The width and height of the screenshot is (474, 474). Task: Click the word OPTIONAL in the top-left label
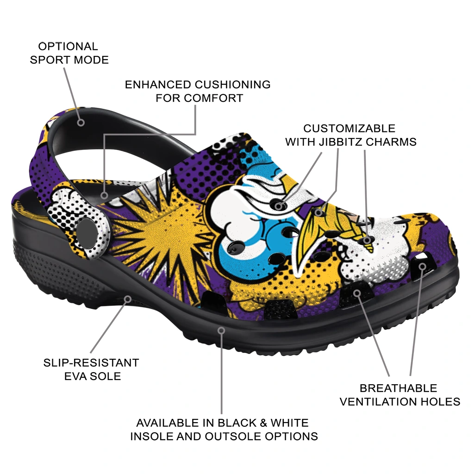pyautogui.click(x=68, y=46)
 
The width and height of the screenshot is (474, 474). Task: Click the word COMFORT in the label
pyautogui.click(x=214, y=98)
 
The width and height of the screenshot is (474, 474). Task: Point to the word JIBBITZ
pyautogui.click(x=342, y=142)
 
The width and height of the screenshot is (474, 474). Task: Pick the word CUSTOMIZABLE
pyautogui.click(x=349, y=128)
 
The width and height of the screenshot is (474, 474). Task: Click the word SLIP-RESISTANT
pyautogui.click(x=91, y=362)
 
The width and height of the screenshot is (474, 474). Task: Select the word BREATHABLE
pyautogui.click(x=398, y=388)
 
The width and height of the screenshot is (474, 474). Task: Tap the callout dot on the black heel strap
pyautogui.click(x=81, y=123)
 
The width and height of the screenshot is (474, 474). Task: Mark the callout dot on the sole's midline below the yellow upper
pyautogui.click(x=222, y=330)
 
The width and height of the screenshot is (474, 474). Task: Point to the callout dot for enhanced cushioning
pyautogui.click(x=105, y=195)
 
